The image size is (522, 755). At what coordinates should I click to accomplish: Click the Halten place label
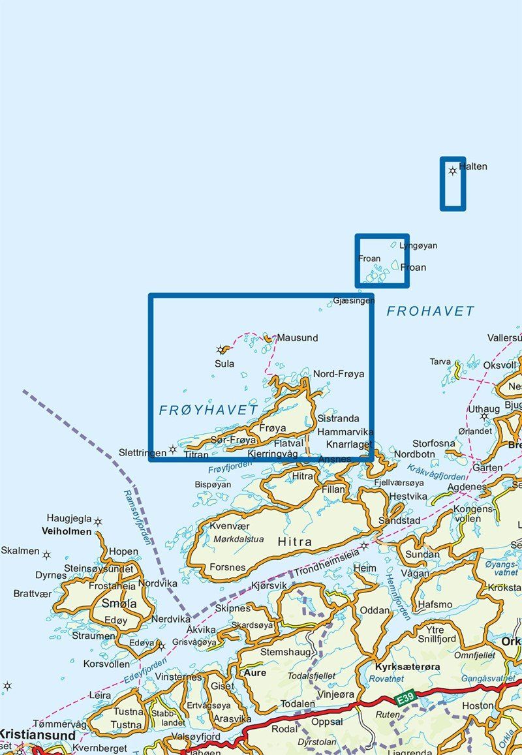coord(473,166)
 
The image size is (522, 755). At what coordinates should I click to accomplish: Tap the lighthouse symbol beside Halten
coord(453,171)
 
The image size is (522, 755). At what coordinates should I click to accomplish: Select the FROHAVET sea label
coord(431,311)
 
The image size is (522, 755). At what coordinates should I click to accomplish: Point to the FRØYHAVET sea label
coord(209,410)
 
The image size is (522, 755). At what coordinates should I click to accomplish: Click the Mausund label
coord(298,338)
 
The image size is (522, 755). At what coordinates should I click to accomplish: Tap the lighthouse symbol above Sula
coord(221,350)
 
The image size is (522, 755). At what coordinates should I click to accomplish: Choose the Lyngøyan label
coord(418,246)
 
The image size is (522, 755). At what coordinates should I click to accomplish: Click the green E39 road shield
coord(406,700)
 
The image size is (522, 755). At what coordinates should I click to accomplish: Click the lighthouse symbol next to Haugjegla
coord(98,521)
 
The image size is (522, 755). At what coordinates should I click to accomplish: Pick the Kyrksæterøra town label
coord(408,667)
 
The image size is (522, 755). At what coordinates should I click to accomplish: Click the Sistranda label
coord(339,419)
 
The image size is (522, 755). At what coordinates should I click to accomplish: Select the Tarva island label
coord(440,362)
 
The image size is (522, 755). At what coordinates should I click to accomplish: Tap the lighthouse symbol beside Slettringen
coord(172,449)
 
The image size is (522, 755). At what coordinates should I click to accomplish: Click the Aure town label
coord(254,672)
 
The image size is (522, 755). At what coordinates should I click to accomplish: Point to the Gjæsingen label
coord(354,300)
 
